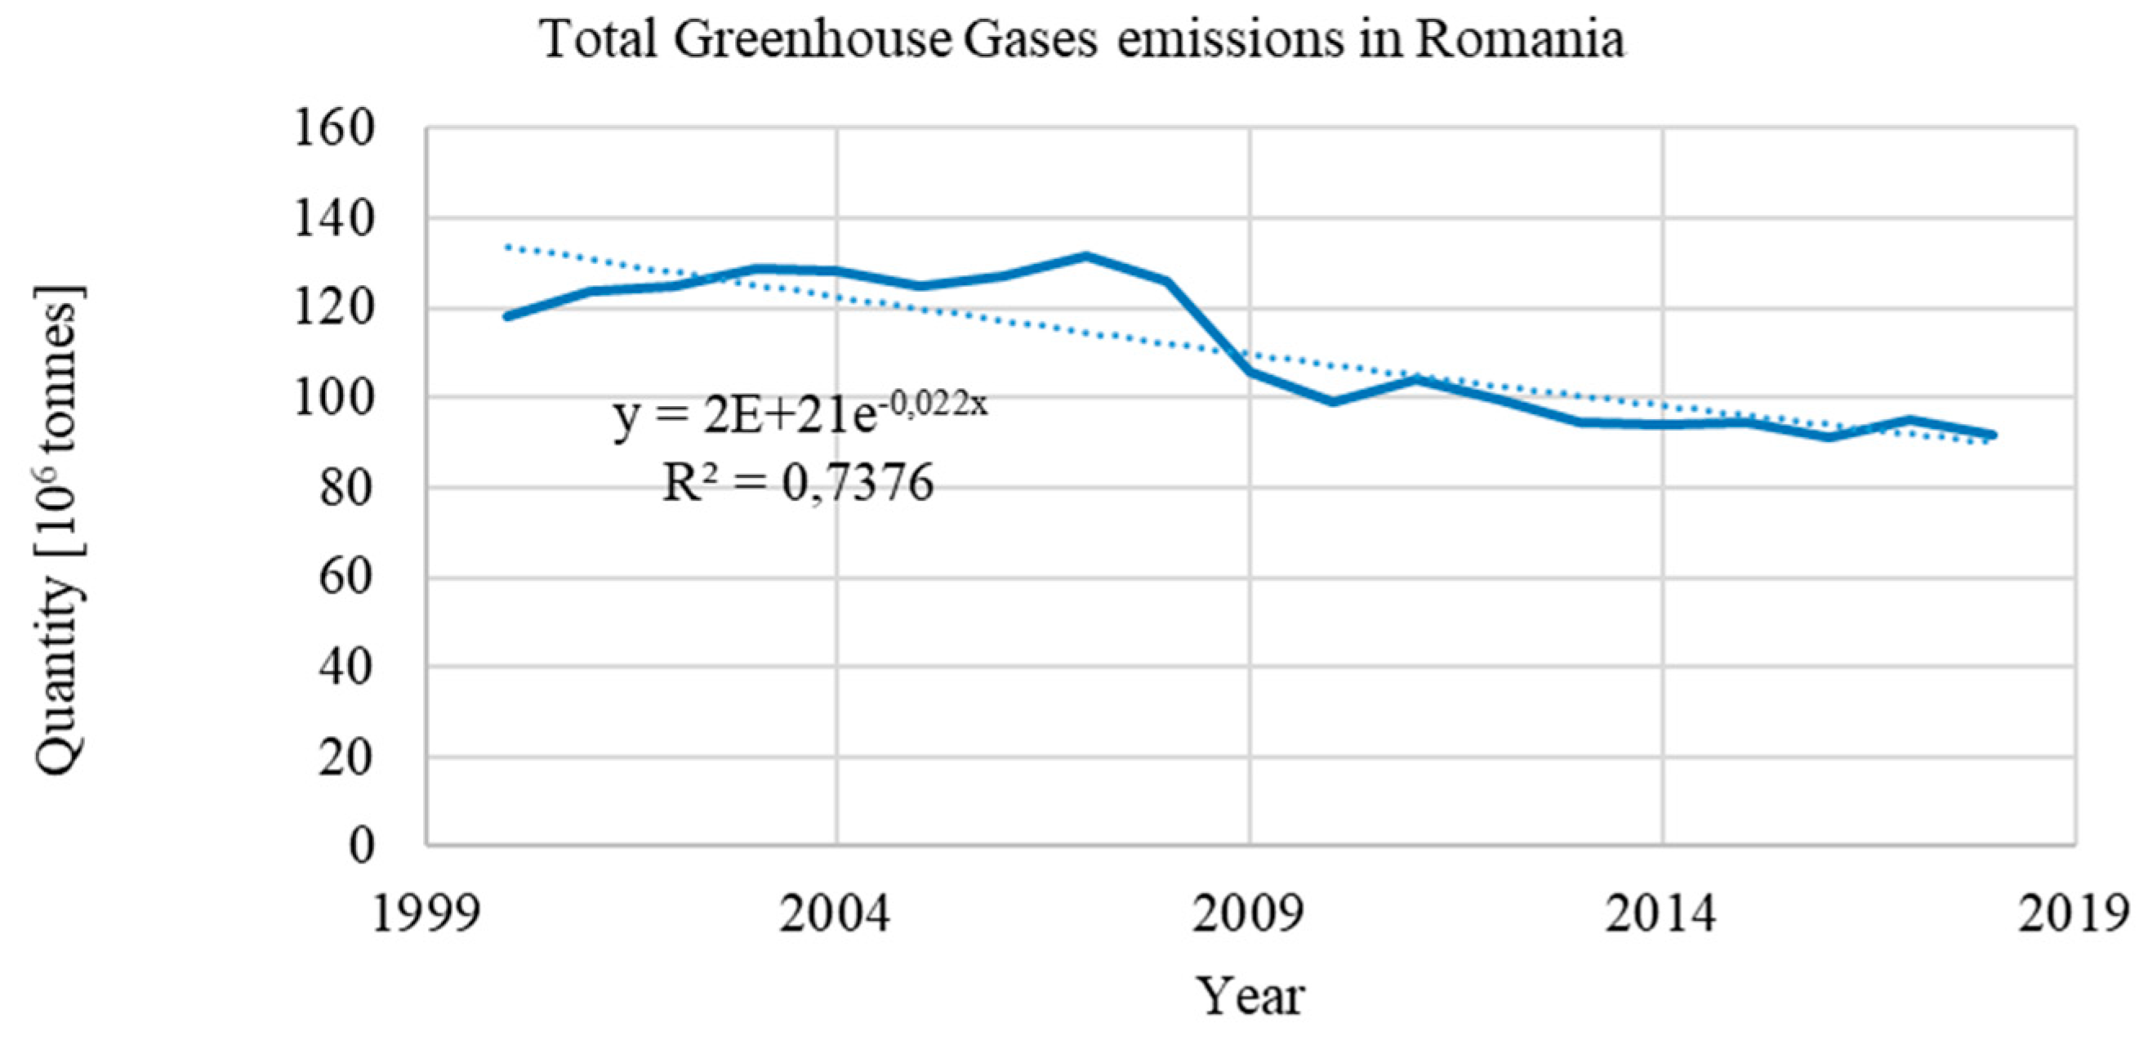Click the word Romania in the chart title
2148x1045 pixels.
coord(1519,38)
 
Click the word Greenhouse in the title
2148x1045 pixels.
coord(812,38)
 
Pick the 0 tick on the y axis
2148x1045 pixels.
coord(360,846)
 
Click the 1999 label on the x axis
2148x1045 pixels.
coord(426,913)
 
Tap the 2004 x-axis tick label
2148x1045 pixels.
coord(835,913)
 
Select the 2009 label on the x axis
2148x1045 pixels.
coord(1248,913)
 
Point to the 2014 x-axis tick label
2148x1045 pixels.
coord(1661,913)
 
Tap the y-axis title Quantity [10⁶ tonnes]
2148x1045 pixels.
coord(60,530)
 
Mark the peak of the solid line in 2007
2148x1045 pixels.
coord(1085,256)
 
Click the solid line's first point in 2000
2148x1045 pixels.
coord(508,316)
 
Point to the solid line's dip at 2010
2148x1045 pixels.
coord(1331,402)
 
